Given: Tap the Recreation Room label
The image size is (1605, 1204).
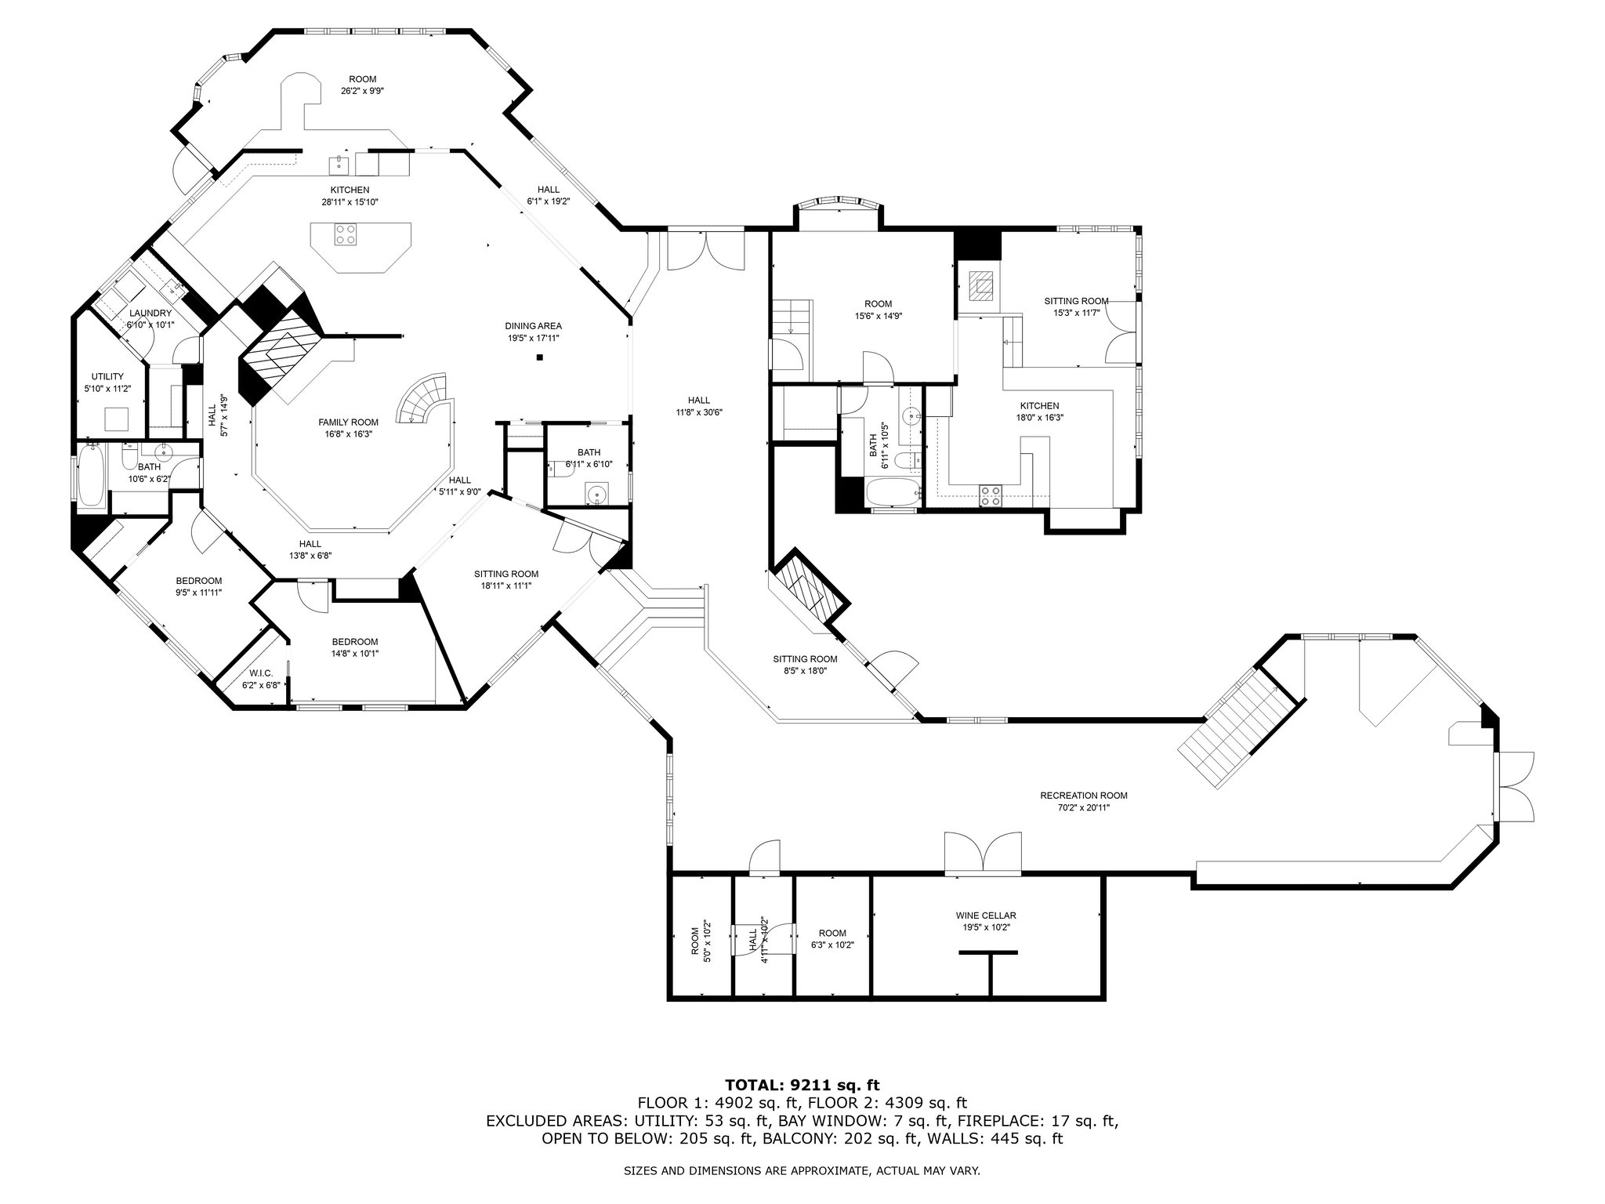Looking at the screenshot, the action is point(1084,796).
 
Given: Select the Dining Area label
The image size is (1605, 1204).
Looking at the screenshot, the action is point(533,326).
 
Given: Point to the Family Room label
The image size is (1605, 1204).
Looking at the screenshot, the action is point(349,422).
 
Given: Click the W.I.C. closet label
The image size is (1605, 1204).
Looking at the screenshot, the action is point(261,673).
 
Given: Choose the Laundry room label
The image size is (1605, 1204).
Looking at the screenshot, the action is point(150,314).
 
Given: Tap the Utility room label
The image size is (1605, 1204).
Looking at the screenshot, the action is point(107,377).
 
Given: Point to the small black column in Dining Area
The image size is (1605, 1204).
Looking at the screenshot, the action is point(540,358).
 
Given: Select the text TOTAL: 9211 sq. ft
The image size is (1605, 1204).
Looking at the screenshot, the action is point(802,1086).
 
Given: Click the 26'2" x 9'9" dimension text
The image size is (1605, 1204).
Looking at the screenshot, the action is point(362,91).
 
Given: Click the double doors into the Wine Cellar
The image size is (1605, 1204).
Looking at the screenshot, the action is point(984,854).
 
